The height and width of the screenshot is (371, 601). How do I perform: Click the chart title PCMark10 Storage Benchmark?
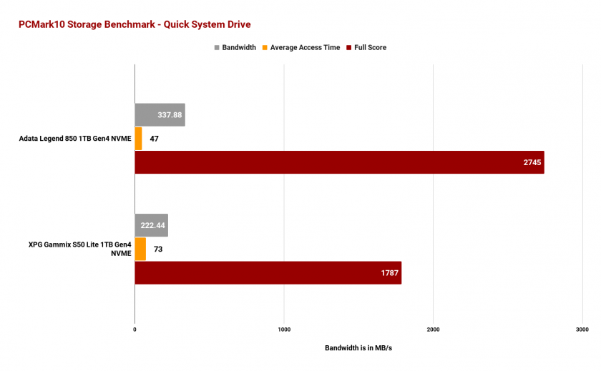tap(135, 24)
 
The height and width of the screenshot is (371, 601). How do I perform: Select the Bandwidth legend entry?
tap(235, 48)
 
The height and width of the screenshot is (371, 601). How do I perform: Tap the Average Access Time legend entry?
tap(305, 48)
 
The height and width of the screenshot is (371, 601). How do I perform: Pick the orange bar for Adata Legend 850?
tap(138, 139)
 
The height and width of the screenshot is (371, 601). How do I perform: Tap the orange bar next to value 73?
tap(140, 249)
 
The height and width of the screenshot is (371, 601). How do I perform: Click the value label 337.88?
tap(167, 115)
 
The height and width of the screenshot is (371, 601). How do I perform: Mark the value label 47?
tap(154, 139)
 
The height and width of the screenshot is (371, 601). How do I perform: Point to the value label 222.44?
tap(153, 225)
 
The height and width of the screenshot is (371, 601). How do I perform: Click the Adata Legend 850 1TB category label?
tap(75, 139)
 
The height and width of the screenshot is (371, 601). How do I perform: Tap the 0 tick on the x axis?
tap(135, 330)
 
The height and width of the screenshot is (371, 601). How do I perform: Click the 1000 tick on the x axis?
tap(283, 330)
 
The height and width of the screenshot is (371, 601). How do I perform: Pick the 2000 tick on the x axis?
tap(432, 330)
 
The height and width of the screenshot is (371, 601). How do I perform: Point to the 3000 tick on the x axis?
tap(581, 330)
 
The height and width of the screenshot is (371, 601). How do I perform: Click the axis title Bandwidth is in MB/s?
tap(358, 348)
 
